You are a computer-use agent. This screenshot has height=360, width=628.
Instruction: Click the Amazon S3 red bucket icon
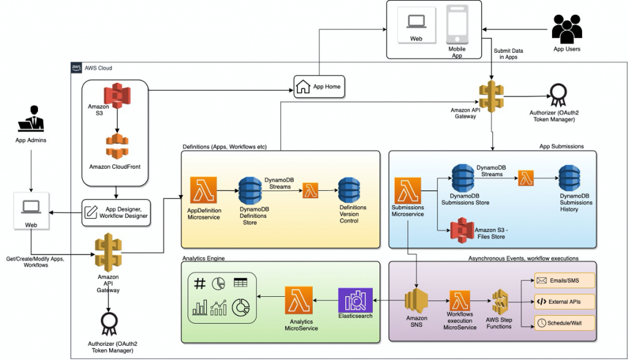coord(117,96)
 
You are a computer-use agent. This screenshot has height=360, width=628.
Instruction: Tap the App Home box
coord(319,87)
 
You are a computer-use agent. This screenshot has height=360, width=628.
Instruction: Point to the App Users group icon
coord(566,28)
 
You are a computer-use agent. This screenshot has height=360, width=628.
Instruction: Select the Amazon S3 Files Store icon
coord(461,231)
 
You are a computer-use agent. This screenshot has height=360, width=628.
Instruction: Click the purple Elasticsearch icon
coord(355,300)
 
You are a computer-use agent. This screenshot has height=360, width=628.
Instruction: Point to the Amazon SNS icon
coord(416,301)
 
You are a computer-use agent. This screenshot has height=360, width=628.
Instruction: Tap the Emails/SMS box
coord(564,281)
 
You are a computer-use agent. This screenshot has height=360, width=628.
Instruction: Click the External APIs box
coord(564,302)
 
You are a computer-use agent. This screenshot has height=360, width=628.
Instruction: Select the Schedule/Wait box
coord(564,323)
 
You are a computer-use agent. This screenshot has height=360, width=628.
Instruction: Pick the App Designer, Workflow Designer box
coord(115,212)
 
